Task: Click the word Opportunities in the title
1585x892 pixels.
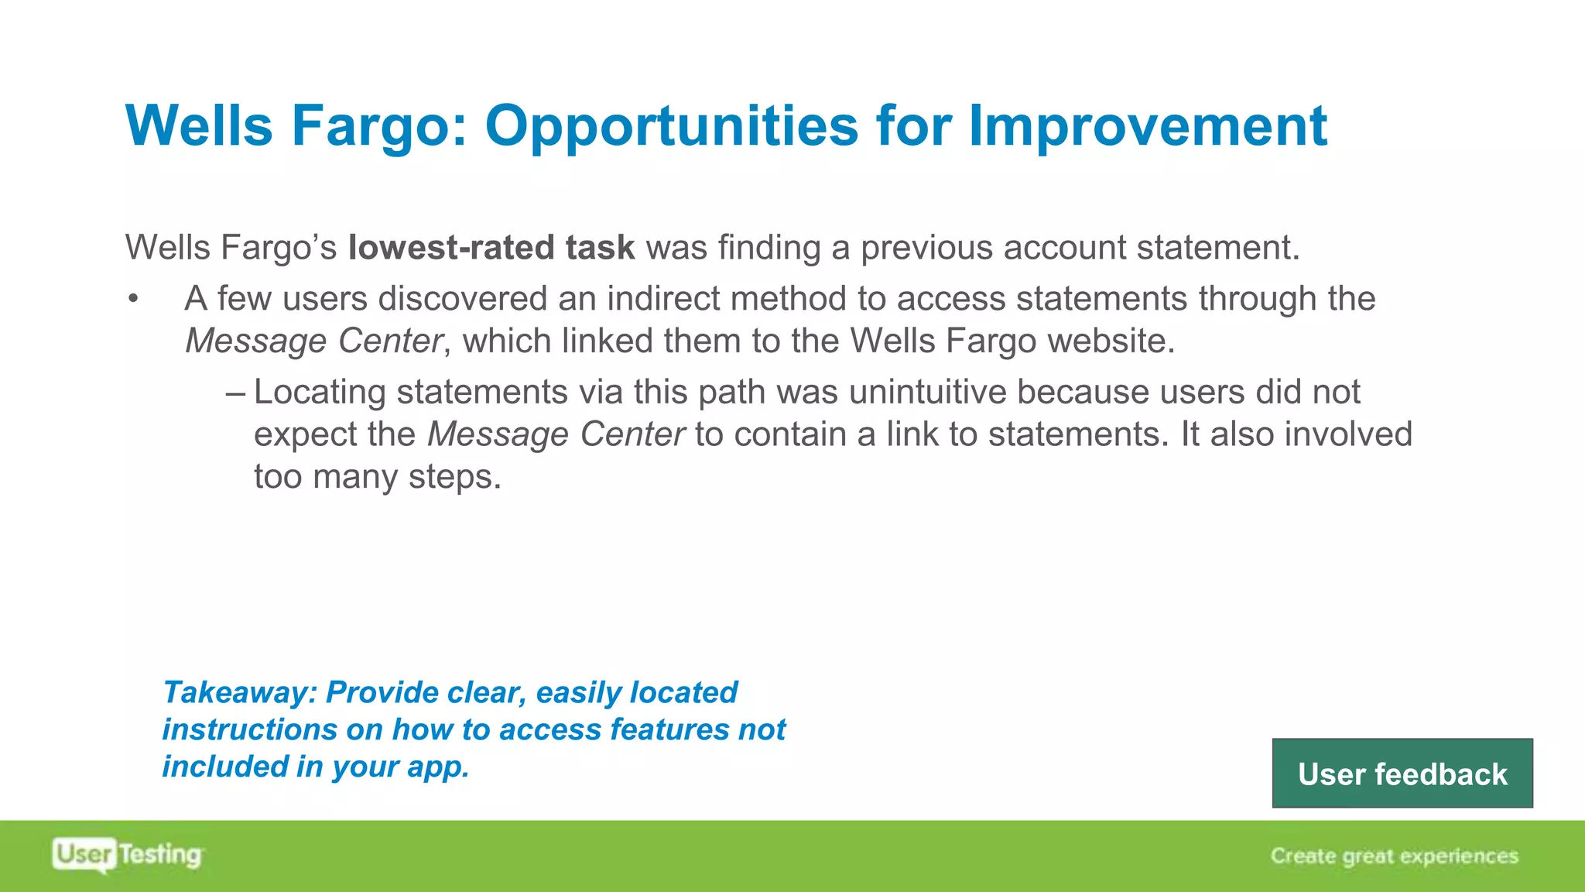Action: coord(670,126)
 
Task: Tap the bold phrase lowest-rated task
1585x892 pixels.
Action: coord(491,248)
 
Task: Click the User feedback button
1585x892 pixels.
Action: coord(1402,774)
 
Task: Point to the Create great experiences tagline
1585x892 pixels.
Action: coord(1394,856)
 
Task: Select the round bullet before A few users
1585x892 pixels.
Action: coord(134,300)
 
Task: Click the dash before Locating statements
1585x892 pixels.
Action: coord(235,393)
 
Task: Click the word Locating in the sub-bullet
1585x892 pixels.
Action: coord(320,392)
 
